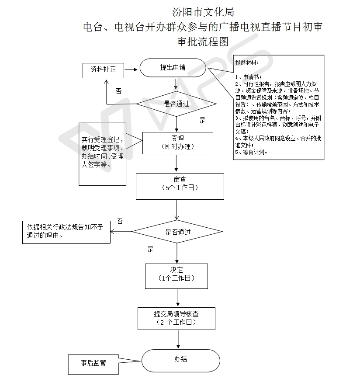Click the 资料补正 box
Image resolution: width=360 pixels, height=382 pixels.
103,70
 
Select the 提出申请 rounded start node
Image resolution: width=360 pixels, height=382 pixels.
173,68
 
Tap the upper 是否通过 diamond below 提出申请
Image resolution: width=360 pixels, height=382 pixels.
177,104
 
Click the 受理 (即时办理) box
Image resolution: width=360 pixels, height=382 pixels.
177,143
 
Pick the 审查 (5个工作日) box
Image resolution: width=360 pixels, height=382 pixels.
180,186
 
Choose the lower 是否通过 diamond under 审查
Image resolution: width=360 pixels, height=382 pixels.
177,232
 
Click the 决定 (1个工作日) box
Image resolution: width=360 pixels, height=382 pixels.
177,276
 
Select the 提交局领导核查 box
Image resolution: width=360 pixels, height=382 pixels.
177,319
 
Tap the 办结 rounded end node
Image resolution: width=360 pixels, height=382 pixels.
181,361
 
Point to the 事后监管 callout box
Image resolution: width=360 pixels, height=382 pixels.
93,365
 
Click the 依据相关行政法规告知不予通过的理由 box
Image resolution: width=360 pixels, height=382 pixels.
66,232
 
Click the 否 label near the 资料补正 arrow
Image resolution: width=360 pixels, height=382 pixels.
119,91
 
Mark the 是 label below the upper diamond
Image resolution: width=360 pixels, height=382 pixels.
202,120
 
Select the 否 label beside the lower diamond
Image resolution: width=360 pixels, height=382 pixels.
120,222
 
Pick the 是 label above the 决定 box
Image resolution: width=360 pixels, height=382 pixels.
151,249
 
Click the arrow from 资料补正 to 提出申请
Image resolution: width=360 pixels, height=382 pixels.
131,69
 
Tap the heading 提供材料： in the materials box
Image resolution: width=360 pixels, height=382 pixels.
247,63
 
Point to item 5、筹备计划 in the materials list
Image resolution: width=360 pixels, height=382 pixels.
251,152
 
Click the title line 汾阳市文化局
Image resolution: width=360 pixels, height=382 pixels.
203,12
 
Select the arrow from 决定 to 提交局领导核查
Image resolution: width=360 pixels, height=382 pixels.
178,298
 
